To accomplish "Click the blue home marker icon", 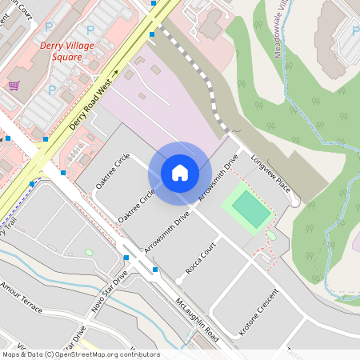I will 180,172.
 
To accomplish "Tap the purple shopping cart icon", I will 14,85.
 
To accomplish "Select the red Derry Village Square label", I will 72,51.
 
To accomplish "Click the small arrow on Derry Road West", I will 115,73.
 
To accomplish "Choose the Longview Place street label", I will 270,174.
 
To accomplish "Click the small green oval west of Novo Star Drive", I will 88,253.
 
